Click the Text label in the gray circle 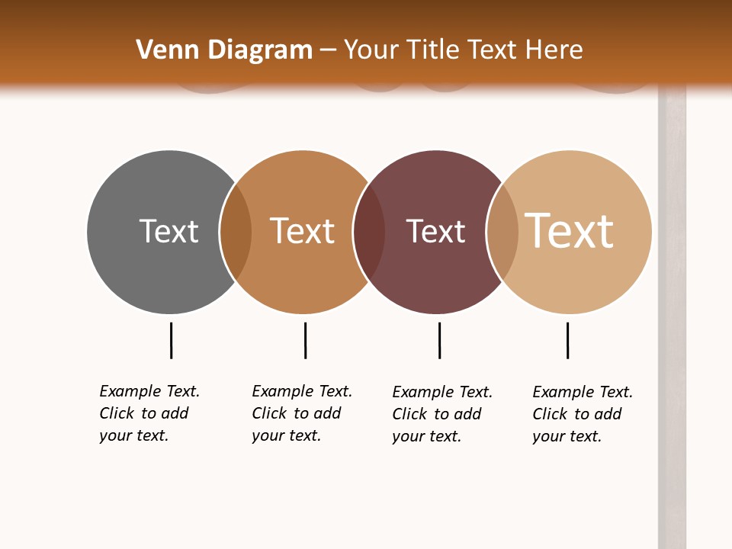click(x=169, y=231)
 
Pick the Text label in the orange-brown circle click(x=303, y=231)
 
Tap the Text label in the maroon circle click(x=435, y=231)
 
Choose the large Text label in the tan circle click(x=570, y=231)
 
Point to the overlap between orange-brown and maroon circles click(x=369, y=231)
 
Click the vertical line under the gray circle click(x=171, y=340)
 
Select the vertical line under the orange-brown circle click(x=305, y=340)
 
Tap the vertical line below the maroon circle click(x=439, y=340)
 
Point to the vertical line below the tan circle click(x=567, y=340)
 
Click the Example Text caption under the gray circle click(x=149, y=413)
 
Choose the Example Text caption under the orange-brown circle click(x=302, y=413)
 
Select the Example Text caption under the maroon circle click(x=442, y=414)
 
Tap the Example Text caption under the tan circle click(x=583, y=414)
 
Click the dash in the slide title click(x=328, y=51)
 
